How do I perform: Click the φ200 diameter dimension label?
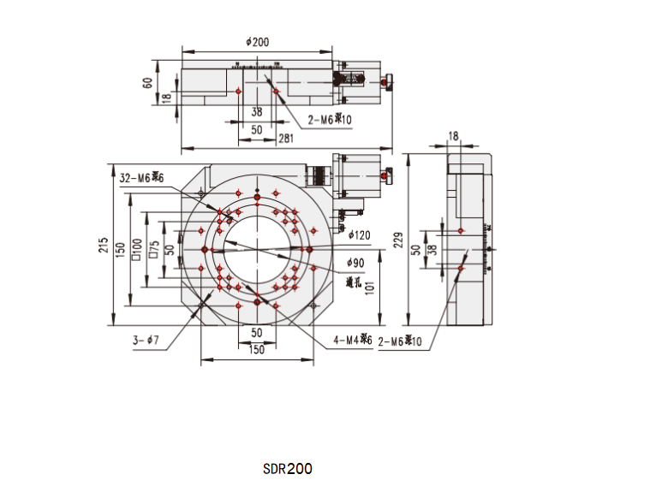point(257,41)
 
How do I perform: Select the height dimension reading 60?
point(147,83)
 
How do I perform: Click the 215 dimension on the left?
point(104,246)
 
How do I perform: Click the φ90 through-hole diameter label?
point(355,262)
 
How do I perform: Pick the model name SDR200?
point(288,469)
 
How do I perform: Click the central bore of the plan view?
point(256,248)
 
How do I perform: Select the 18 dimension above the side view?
point(454,136)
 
